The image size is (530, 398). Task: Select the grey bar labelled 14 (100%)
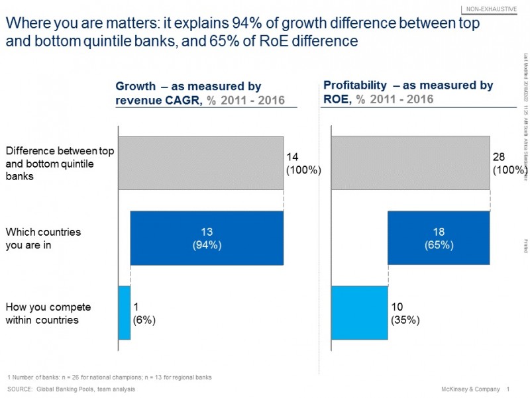(x=201, y=162)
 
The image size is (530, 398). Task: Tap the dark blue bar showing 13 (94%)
(x=207, y=238)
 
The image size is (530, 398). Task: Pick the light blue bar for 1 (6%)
(x=124, y=313)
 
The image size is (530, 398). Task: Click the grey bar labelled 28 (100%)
(x=410, y=162)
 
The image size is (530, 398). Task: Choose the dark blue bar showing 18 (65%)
(x=439, y=238)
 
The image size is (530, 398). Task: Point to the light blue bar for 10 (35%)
(x=359, y=313)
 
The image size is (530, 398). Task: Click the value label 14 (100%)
(x=303, y=163)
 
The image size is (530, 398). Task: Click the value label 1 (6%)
(x=144, y=313)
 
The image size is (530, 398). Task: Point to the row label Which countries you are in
(x=43, y=238)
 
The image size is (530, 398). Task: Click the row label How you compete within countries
(x=48, y=313)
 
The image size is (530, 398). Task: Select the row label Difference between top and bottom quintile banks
(x=60, y=164)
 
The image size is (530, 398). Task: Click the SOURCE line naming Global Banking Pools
(x=72, y=389)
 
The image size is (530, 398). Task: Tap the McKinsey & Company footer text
(x=468, y=389)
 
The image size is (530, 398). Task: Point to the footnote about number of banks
(x=109, y=377)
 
